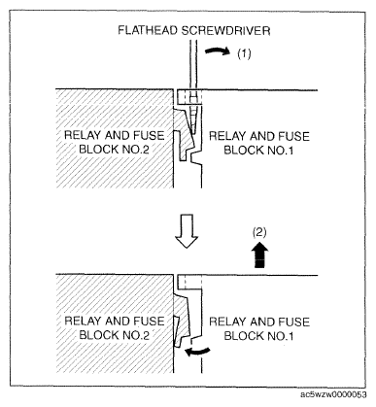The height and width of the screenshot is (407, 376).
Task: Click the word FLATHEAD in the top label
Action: tap(148, 30)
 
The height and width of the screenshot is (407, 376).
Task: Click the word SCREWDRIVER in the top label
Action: tap(225, 30)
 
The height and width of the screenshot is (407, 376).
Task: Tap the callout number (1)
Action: tap(244, 53)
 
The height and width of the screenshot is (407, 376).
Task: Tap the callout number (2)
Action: tap(259, 232)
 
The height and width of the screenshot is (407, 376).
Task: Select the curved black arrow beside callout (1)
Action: tap(218, 50)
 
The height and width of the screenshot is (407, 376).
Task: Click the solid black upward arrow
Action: tap(261, 255)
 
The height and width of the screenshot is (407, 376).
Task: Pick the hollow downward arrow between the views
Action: tap(187, 231)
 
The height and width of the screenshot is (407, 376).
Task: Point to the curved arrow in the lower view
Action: tap(197, 352)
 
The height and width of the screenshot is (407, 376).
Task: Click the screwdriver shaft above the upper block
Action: tap(193, 65)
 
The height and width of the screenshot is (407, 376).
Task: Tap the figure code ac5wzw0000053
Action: tap(334, 394)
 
